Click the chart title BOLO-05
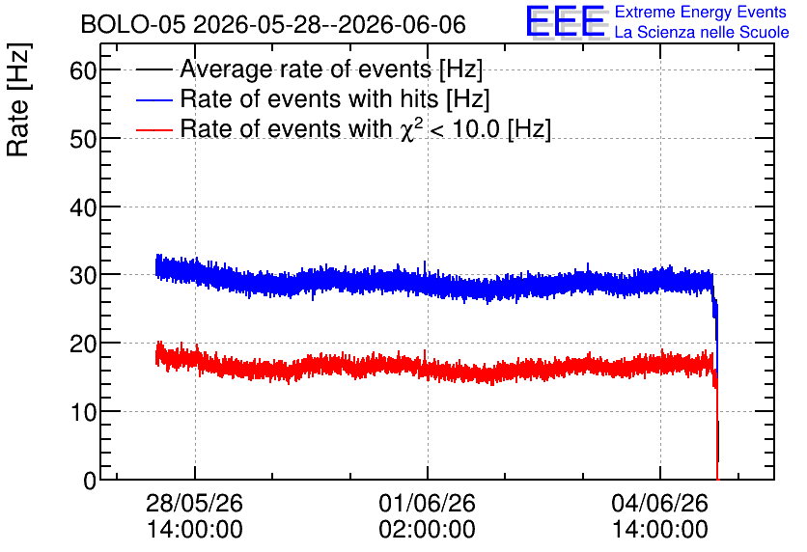click(133, 24)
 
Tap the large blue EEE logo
click(566, 21)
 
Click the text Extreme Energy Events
click(701, 12)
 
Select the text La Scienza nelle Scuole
click(702, 32)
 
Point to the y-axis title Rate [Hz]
click(18, 99)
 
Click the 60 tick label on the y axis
click(83, 69)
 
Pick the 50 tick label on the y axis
click(83, 138)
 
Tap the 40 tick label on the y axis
click(83, 207)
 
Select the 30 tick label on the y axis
click(83, 275)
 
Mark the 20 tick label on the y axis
click(83, 344)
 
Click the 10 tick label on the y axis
click(83, 412)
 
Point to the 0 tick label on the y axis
click(90, 481)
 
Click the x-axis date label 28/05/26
click(195, 503)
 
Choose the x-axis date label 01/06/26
click(428, 503)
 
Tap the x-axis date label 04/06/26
click(660, 503)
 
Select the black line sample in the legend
click(154, 69)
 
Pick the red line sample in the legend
click(154, 129)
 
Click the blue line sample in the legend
click(154, 99)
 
